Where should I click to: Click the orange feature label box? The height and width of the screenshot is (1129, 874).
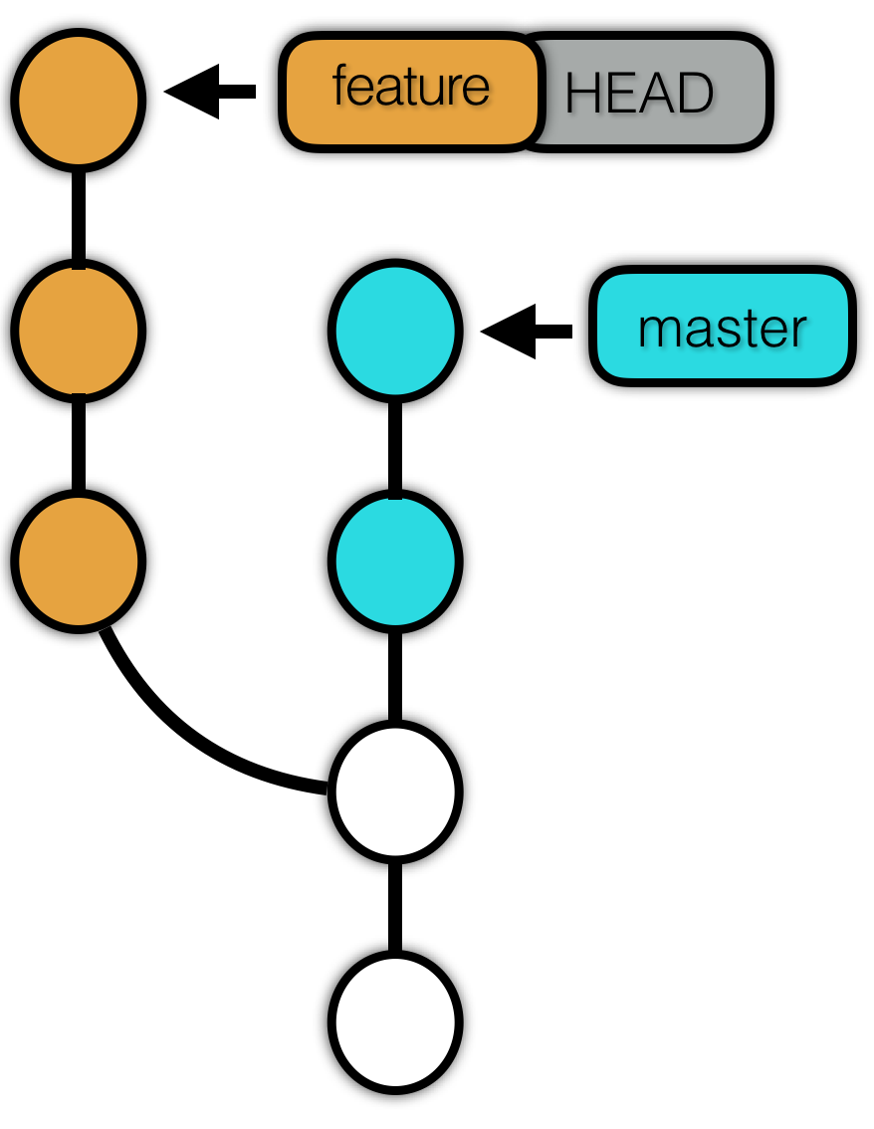pyautogui.click(x=410, y=92)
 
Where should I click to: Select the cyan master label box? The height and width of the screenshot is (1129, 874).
pyautogui.click(x=723, y=327)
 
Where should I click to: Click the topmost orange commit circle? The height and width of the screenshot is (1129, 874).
pyautogui.click(x=79, y=101)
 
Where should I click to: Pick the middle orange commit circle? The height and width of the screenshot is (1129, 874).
pyautogui.click(x=79, y=331)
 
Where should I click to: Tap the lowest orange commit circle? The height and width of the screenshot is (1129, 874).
pyautogui.click(x=79, y=561)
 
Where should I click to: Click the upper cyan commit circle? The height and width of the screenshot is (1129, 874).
pyautogui.click(x=395, y=330)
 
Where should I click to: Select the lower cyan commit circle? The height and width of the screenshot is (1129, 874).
pyautogui.click(x=395, y=561)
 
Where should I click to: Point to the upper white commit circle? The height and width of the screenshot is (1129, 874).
pyautogui.click(x=395, y=792)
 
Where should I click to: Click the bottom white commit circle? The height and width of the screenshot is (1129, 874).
pyautogui.click(x=395, y=1022)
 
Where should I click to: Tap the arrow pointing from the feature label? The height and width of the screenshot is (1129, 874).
pyautogui.click(x=210, y=92)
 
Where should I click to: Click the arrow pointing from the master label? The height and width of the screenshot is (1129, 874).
pyautogui.click(x=527, y=332)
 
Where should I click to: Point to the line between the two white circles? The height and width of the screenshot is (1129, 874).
pyautogui.click(x=395, y=907)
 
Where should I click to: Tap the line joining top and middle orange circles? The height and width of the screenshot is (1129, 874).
pyautogui.click(x=79, y=216)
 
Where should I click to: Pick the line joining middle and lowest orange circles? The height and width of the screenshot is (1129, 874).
pyautogui.click(x=79, y=446)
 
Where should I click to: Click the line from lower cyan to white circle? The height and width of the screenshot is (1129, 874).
pyautogui.click(x=395, y=677)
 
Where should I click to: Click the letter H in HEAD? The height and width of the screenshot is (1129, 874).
pyautogui.click(x=580, y=93)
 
